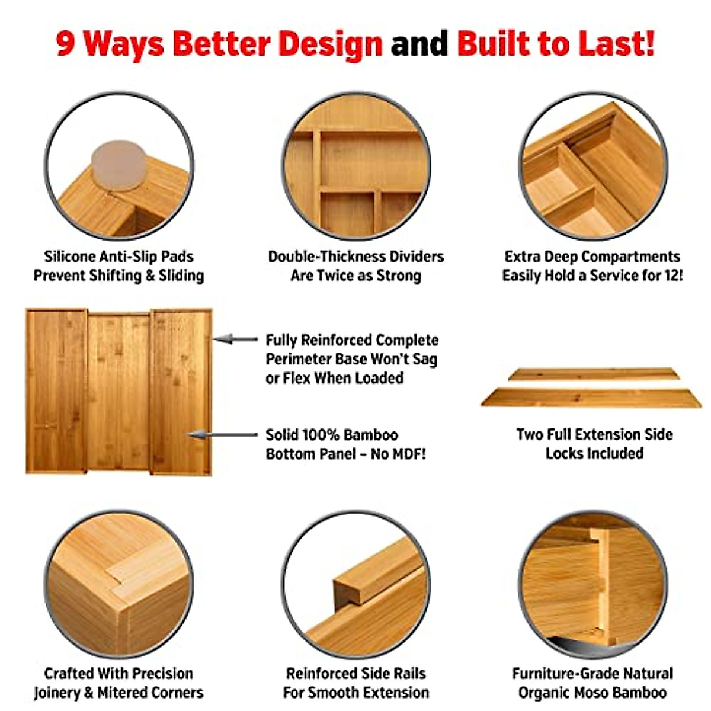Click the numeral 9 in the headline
(66, 44)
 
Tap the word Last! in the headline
(617, 44)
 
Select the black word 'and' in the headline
(419, 44)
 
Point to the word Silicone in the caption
(69, 257)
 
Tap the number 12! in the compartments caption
(671, 276)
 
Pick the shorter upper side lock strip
(592, 374)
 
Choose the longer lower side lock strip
(591, 397)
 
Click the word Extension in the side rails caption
(395, 692)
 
